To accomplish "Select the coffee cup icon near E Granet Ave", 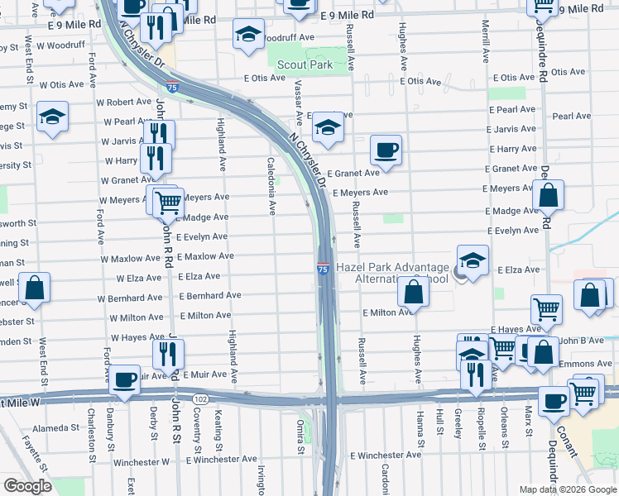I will click(386, 150).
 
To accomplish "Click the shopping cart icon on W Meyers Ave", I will click(167, 200).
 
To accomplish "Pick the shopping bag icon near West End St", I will click(35, 289).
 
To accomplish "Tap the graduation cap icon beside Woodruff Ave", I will click(247, 35).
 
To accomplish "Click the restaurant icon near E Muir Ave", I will click(168, 354).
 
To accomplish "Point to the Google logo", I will click(27, 486).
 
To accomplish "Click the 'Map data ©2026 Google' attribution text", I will click(568, 489).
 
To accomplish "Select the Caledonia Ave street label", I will click(271, 186).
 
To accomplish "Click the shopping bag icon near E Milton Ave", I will click(413, 292).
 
